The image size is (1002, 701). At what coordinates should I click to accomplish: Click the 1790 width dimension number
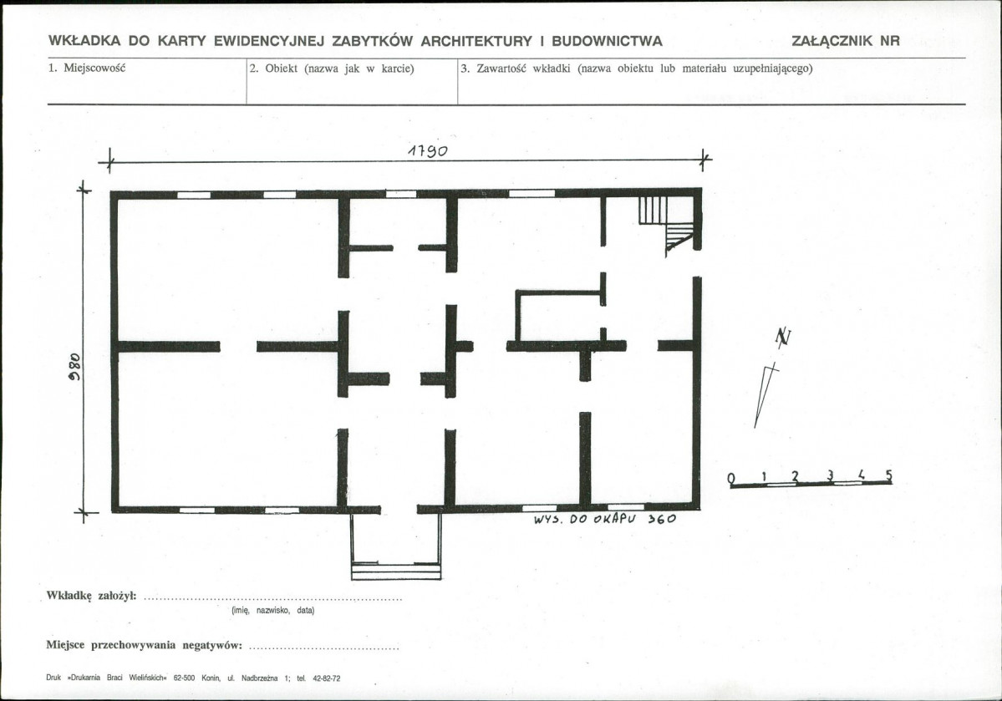428,150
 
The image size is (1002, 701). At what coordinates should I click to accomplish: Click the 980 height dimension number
74,367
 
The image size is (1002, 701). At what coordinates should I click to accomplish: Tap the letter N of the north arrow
783,337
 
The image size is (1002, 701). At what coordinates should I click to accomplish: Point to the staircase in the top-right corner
667,224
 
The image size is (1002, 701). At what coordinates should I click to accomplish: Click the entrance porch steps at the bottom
395,571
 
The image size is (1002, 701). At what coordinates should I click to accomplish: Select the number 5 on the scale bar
888,475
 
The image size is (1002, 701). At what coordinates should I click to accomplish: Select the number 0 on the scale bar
732,478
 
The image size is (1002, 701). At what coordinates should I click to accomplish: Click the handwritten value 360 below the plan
661,519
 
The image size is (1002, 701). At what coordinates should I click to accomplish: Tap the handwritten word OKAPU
615,519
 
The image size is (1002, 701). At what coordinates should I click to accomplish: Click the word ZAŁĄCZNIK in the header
832,41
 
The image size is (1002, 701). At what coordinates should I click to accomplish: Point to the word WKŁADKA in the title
84,41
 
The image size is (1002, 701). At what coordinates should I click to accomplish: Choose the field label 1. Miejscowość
87,68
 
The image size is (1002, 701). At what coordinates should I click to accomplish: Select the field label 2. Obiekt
273,69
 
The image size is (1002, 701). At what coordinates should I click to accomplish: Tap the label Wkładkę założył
91,596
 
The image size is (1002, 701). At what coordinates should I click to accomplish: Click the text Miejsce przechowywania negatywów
144,645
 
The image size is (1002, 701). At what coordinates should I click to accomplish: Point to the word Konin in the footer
211,678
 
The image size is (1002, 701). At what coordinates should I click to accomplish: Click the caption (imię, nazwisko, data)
273,610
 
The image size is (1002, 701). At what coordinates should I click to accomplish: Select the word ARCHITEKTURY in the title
476,41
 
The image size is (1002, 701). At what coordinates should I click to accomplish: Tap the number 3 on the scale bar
830,475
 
